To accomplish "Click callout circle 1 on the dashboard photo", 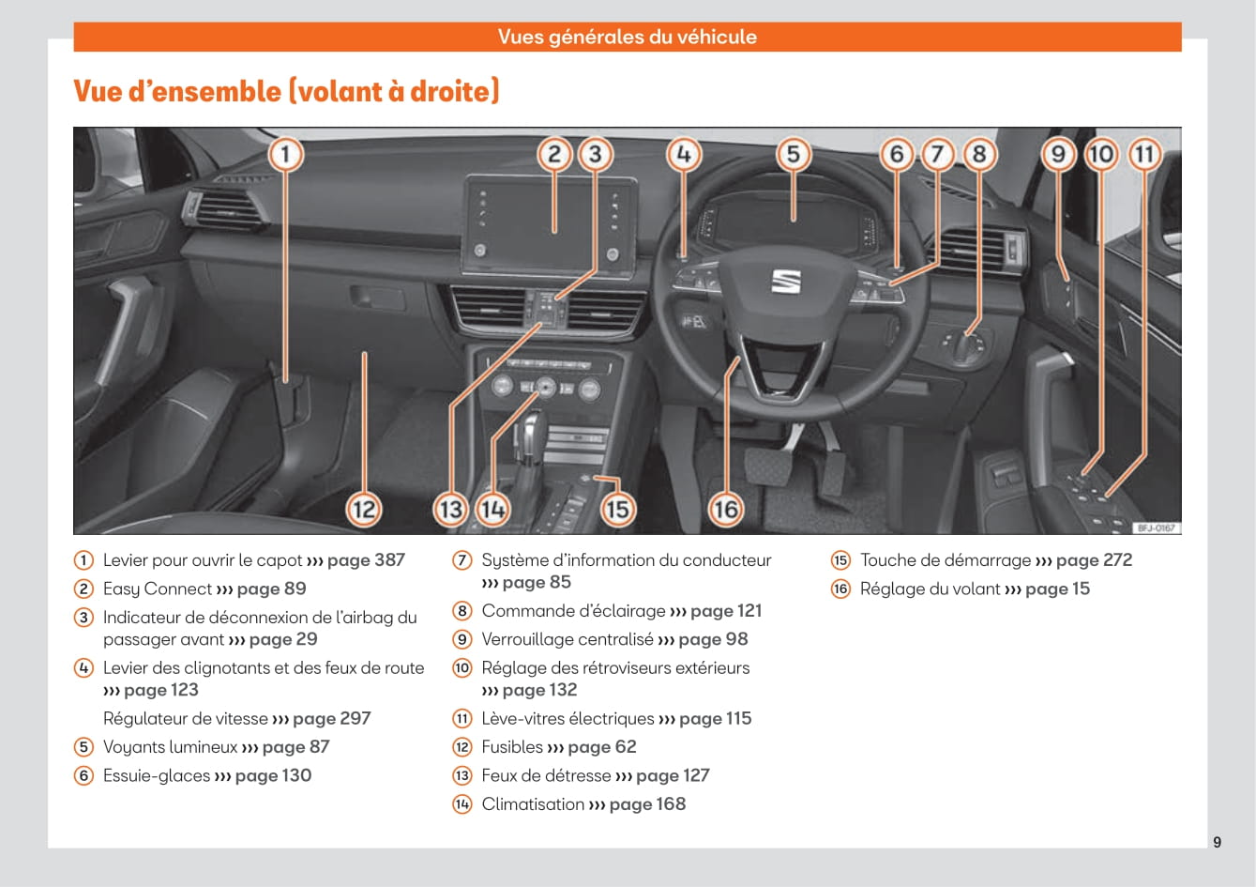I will (x=286, y=154).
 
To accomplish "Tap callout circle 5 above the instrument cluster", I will (x=793, y=154).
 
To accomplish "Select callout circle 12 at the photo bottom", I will (x=363, y=510).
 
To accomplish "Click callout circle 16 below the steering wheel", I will (x=725, y=510).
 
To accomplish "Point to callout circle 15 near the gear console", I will (x=616, y=510).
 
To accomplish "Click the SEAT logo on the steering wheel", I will (x=785, y=281).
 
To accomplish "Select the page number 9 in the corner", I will (x=1217, y=842).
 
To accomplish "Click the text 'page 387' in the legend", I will (x=366, y=560).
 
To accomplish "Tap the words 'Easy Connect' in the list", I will (x=158, y=589).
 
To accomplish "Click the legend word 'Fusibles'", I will (x=512, y=747).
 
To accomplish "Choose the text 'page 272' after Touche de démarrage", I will (x=1094, y=560).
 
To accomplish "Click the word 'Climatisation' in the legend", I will (x=533, y=804).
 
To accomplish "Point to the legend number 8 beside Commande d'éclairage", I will (x=462, y=611).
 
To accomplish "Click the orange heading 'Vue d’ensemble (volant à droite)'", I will (x=286, y=91).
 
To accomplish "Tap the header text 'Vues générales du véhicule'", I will (x=627, y=37).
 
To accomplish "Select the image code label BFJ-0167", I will (x=1156, y=528).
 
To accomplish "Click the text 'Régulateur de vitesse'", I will (x=186, y=719).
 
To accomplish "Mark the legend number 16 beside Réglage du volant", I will (x=840, y=589).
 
